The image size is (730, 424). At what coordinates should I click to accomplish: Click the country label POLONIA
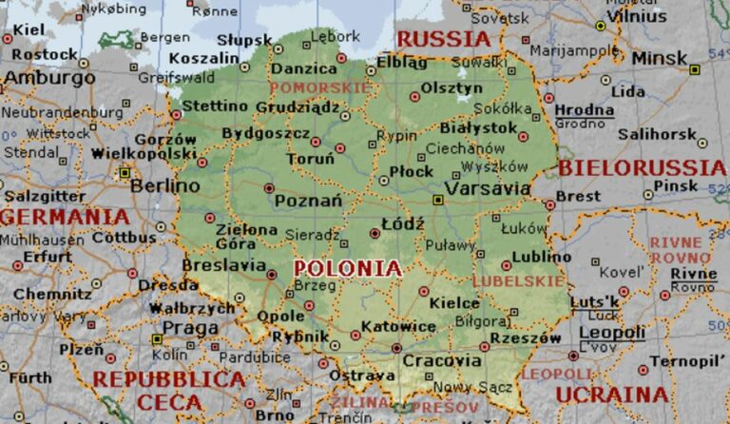348,268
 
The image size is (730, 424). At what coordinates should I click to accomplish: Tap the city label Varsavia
488,188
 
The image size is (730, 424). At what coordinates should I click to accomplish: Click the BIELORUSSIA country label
643,168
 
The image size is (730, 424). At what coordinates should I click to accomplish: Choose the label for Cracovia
442,361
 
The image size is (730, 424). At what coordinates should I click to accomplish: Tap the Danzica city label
303,69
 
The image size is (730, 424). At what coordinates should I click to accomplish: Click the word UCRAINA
612,394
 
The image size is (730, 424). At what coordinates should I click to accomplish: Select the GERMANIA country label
65,217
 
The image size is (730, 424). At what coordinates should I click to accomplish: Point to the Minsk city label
659,59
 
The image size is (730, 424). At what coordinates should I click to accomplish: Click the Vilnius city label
637,15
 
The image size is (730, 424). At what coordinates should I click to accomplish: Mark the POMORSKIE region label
319,87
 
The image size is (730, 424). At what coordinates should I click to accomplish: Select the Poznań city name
308,201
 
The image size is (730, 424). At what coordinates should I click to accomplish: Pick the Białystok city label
478,127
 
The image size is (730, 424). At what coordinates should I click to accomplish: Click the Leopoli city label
612,333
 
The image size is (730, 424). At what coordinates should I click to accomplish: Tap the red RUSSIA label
443,39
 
